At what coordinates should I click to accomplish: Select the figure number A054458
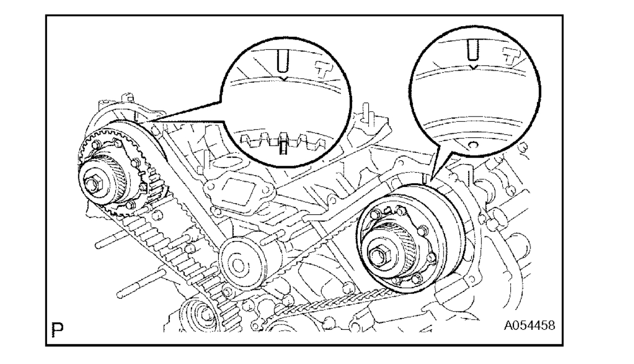pyautogui.click(x=528, y=324)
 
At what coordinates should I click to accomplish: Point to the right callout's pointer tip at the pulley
pyautogui.click(x=431, y=178)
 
